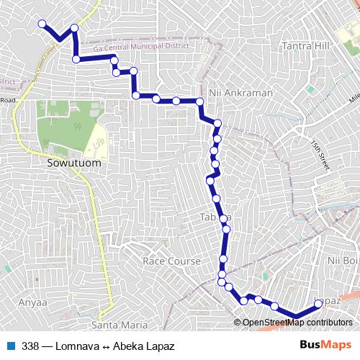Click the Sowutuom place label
73,163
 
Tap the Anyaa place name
32,302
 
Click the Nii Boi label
342,259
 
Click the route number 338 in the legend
30,346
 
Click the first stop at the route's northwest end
42,24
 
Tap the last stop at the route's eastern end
318,304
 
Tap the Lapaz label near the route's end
328,298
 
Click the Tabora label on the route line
213,217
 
